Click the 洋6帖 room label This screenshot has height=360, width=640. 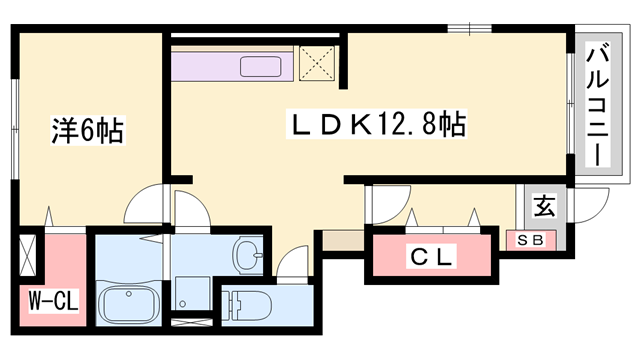(x=87, y=130)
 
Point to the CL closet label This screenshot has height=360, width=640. (x=433, y=257)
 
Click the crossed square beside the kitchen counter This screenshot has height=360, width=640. (x=319, y=65)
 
